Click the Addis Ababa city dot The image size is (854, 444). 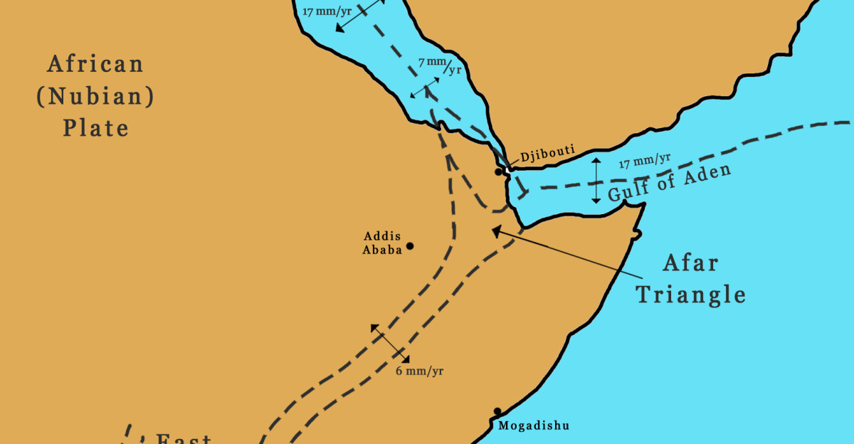[410, 246]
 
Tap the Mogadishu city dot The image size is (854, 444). [497, 411]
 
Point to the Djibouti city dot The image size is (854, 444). [499, 172]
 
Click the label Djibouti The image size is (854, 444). [547, 156]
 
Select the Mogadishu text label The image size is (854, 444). [534, 426]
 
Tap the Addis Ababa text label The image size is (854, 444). [382, 243]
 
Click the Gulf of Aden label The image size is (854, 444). [668, 183]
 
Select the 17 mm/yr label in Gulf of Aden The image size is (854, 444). [645, 161]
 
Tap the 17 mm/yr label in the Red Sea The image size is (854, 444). [327, 11]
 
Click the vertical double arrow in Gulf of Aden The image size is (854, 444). [596, 181]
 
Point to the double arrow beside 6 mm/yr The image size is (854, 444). [390, 343]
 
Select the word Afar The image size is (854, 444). [690, 263]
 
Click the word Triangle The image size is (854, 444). [690, 294]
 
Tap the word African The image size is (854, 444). [95, 65]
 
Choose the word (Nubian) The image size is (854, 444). [95, 97]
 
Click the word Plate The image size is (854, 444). [95, 128]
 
